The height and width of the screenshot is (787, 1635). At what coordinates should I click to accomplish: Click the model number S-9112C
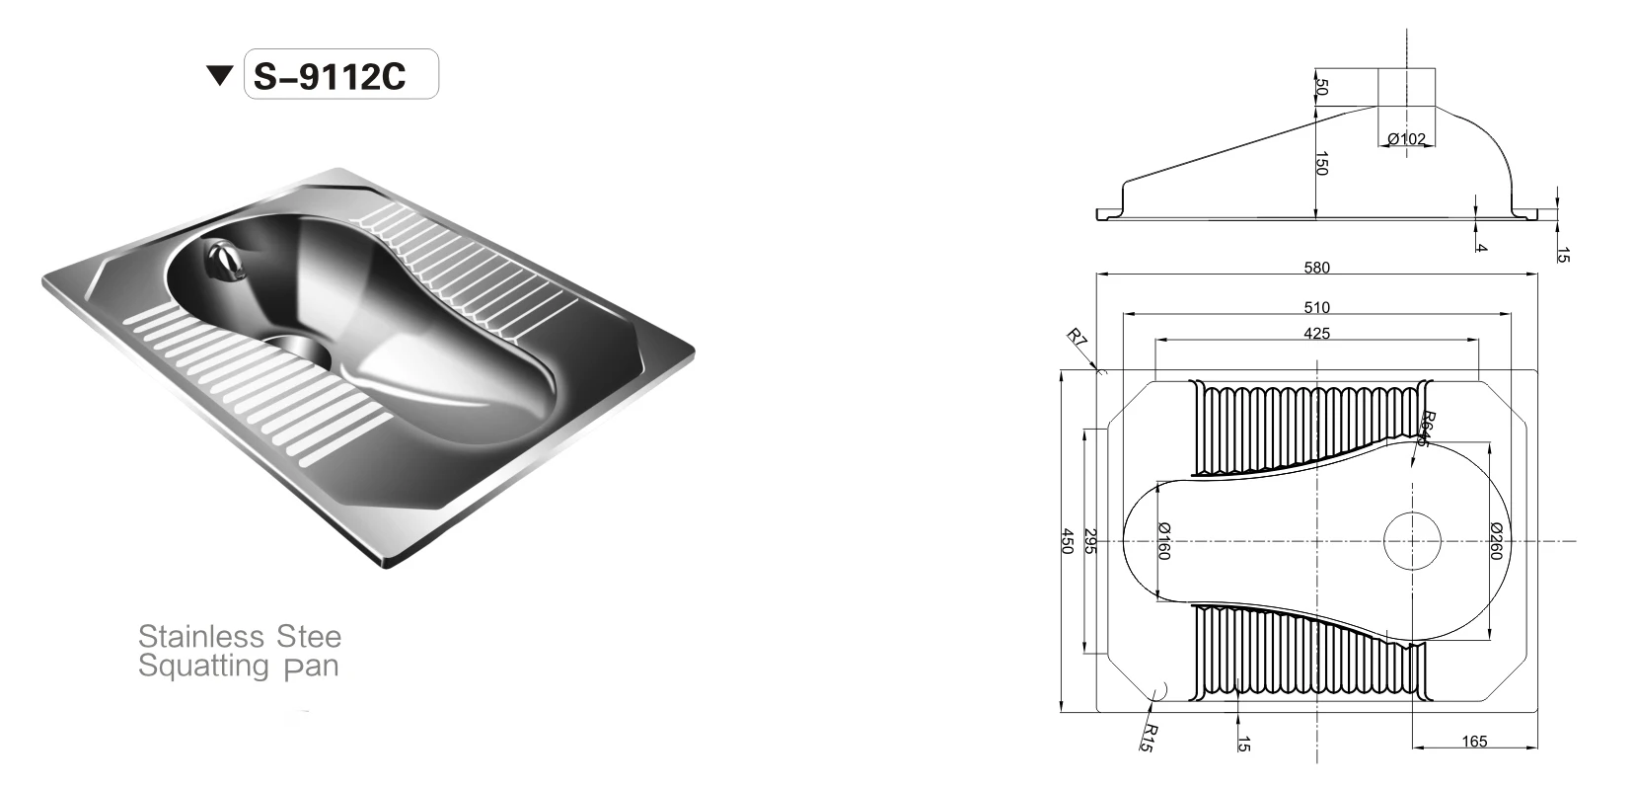point(331,77)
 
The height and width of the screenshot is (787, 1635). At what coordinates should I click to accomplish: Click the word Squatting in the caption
point(203,667)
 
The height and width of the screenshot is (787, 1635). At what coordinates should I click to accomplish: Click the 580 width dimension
point(1316,267)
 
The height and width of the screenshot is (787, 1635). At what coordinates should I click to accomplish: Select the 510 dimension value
point(1316,307)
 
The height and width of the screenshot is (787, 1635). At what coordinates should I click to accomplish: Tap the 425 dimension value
point(1316,334)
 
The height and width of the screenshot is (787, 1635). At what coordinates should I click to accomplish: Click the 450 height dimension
point(1066,541)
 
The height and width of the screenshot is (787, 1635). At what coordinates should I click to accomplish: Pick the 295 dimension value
point(1090,541)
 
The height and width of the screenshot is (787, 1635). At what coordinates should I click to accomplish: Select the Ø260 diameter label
point(1495,541)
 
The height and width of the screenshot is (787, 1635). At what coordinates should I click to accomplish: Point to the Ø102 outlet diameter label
point(1407,139)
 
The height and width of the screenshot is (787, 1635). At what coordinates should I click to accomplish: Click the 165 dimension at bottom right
point(1474,742)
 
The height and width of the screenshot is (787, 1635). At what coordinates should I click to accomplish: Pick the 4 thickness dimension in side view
point(1480,246)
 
